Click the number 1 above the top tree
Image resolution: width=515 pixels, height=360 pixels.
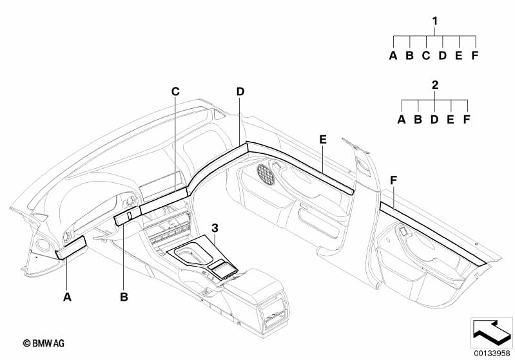click(435, 21)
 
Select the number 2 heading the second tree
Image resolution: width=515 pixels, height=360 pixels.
click(435, 85)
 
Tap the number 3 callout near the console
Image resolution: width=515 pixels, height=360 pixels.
click(215, 228)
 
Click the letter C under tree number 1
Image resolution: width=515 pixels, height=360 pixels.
click(426, 55)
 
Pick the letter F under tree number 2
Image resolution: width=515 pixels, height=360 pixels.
click(467, 119)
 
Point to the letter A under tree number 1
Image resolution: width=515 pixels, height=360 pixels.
click(393, 55)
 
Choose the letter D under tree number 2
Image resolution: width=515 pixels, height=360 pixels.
click(434, 119)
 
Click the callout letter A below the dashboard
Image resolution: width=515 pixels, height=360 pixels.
click(67, 297)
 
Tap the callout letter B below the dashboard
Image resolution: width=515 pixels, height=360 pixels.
click(124, 297)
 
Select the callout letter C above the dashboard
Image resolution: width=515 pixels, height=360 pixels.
click(176, 91)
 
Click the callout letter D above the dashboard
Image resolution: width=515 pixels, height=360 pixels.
click(240, 91)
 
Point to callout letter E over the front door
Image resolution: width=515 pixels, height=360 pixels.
click(323, 140)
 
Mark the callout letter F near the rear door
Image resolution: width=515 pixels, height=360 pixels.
click(393, 180)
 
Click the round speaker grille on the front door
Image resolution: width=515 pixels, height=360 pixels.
click(266, 175)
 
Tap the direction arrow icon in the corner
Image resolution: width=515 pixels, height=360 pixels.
click(492, 332)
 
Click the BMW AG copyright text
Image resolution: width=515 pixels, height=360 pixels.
click(44, 343)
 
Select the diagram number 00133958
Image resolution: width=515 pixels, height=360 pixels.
click(492, 353)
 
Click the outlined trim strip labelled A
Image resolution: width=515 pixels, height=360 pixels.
click(71, 247)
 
